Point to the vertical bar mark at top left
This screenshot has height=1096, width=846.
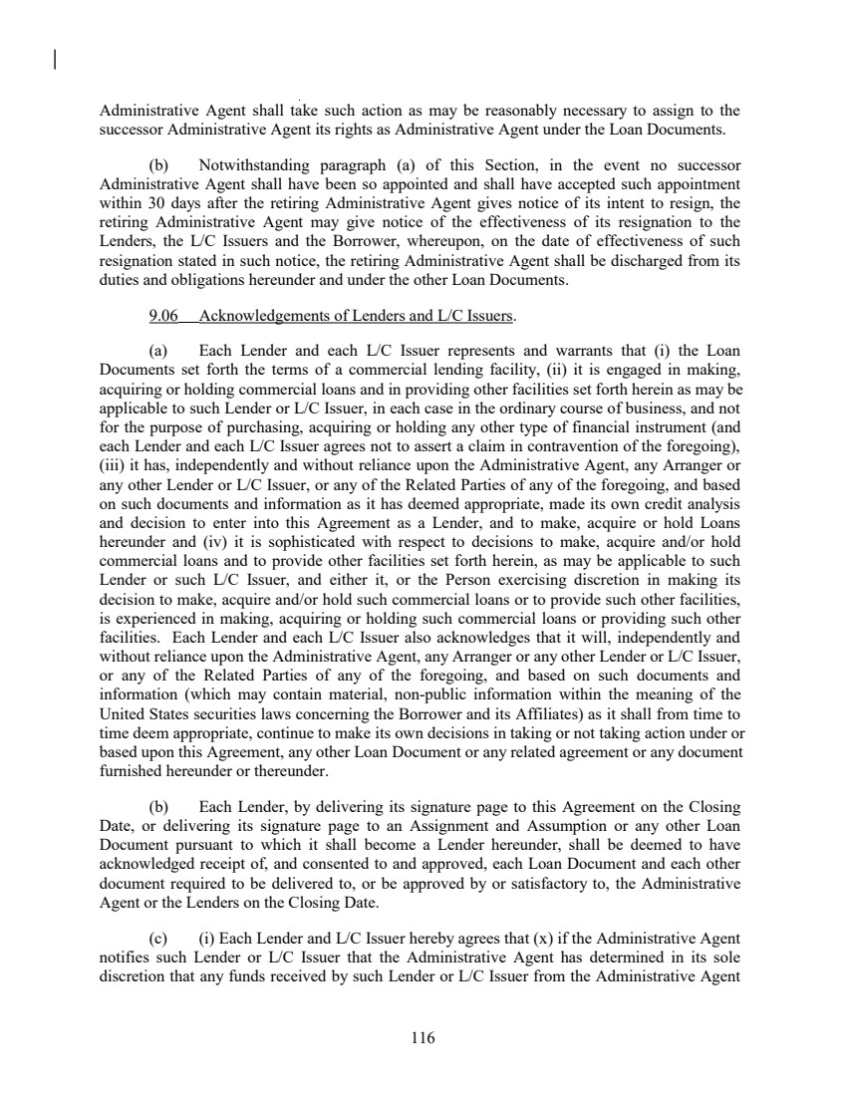pyautogui.click(x=53, y=63)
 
